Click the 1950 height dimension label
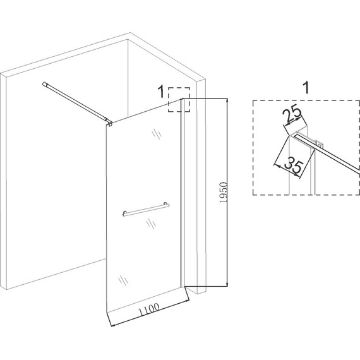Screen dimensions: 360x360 (x=223, y=193)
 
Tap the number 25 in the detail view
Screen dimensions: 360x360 (x=292, y=114)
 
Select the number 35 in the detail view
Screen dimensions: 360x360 (x=294, y=164)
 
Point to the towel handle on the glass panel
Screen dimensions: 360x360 (x=146, y=210)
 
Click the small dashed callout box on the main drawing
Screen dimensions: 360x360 (x=179, y=100)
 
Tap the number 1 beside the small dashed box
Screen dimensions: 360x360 (x=162, y=91)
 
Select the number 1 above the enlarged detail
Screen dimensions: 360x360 (x=306, y=87)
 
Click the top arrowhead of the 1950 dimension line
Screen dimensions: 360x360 (x=227, y=100)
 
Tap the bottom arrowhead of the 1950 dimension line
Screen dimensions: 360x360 (x=227, y=284)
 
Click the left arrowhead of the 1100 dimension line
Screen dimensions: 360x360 (x=112, y=325)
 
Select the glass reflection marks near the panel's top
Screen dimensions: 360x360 (x=157, y=134)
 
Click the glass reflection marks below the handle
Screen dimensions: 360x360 (x=152, y=223)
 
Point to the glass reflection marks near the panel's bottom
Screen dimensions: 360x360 (x=123, y=280)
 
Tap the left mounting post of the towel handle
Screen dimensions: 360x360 (x=124, y=213)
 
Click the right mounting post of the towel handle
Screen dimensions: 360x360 (x=166, y=205)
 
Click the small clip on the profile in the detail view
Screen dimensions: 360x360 (x=320, y=143)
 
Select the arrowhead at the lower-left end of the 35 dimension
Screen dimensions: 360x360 (x=276, y=165)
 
